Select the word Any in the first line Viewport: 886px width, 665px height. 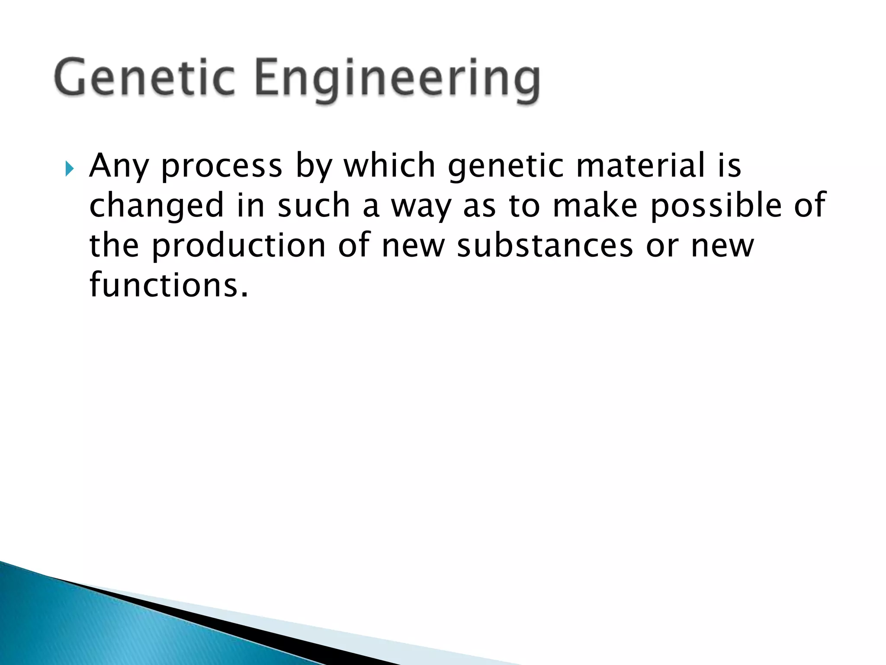pyautogui.click(x=118, y=167)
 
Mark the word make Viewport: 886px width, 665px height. pyautogui.click(x=595, y=205)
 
